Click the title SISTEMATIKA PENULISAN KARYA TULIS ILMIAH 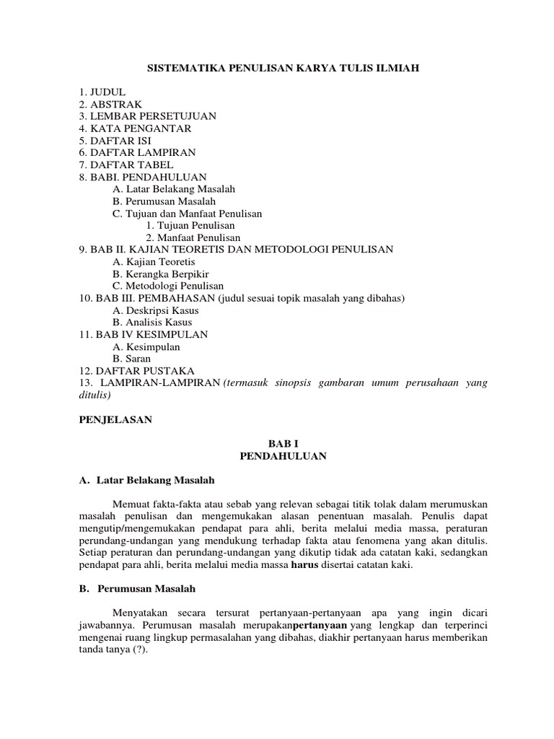click(x=283, y=69)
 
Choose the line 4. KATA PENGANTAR click(x=135, y=128)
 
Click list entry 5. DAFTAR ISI click(x=115, y=141)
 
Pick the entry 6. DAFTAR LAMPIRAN click(x=137, y=153)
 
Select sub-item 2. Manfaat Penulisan click(x=193, y=237)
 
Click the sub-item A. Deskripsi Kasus click(x=154, y=310)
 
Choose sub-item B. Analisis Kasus click(x=149, y=322)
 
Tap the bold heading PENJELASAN click(x=115, y=419)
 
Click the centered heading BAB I click(x=283, y=444)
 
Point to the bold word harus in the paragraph click(x=304, y=565)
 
